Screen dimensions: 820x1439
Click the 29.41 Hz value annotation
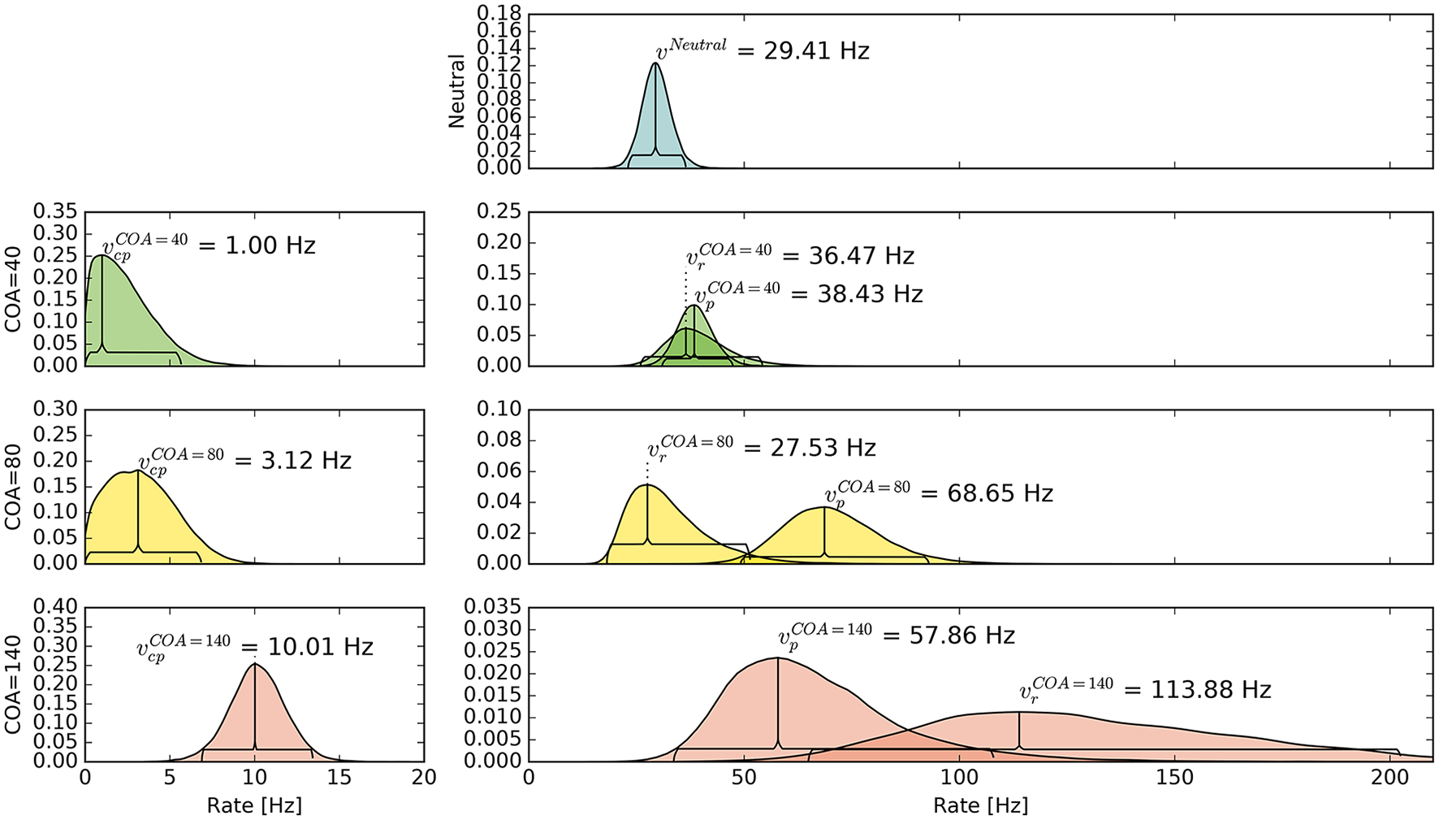(x=815, y=51)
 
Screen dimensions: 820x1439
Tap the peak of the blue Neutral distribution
(x=655, y=63)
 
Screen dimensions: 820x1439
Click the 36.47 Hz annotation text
(x=861, y=256)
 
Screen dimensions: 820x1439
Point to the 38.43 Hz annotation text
(x=869, y=294)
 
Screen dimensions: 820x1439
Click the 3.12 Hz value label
(x=305, y=461)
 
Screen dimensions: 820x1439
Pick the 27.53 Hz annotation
(x=822, y=448)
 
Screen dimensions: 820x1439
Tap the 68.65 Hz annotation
(x=999, y=493)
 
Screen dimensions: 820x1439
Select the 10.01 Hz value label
(x=320, y=647)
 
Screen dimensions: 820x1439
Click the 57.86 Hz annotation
(x=961, y=635)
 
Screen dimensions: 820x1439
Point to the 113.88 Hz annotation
(x=1210, y=690)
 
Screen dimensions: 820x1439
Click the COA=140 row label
(x=13, y=683)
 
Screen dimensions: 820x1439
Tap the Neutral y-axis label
(x=456, y=91)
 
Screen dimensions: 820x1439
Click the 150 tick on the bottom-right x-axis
(x=1174, y=778)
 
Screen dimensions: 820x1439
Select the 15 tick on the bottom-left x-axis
(x=339, y=778)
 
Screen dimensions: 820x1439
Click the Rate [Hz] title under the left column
(x=254, y=805)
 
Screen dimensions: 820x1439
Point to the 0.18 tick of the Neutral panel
(x=499, y=14)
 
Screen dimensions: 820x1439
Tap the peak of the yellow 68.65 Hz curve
(x=824, y=507)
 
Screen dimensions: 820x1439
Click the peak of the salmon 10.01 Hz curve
(x=255, y=663)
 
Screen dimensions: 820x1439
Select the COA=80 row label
(x=13, y=486)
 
